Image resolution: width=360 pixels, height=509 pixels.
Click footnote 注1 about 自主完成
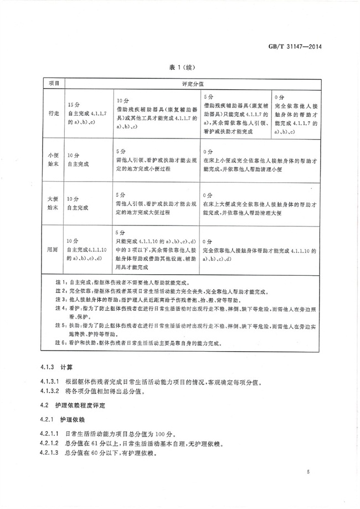pos(121,281)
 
